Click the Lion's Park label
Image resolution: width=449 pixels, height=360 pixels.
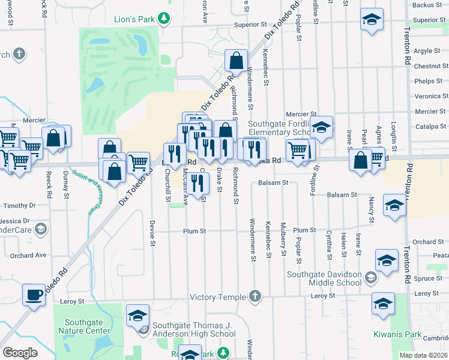[135, 19]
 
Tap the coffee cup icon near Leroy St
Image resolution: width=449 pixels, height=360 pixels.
[34, 295]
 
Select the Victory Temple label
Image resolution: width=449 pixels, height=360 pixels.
[218, 297]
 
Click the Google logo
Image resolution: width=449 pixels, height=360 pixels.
[20, 353]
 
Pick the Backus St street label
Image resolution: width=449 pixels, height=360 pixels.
[427, 5]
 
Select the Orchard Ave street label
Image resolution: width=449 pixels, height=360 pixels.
[28, 255]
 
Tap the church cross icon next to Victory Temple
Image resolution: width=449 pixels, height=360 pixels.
[255, 296]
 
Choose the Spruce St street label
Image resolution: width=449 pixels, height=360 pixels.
[427, 278]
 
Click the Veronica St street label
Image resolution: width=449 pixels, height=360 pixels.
[427, 96]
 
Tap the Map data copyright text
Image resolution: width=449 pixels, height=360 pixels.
[423, 355]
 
